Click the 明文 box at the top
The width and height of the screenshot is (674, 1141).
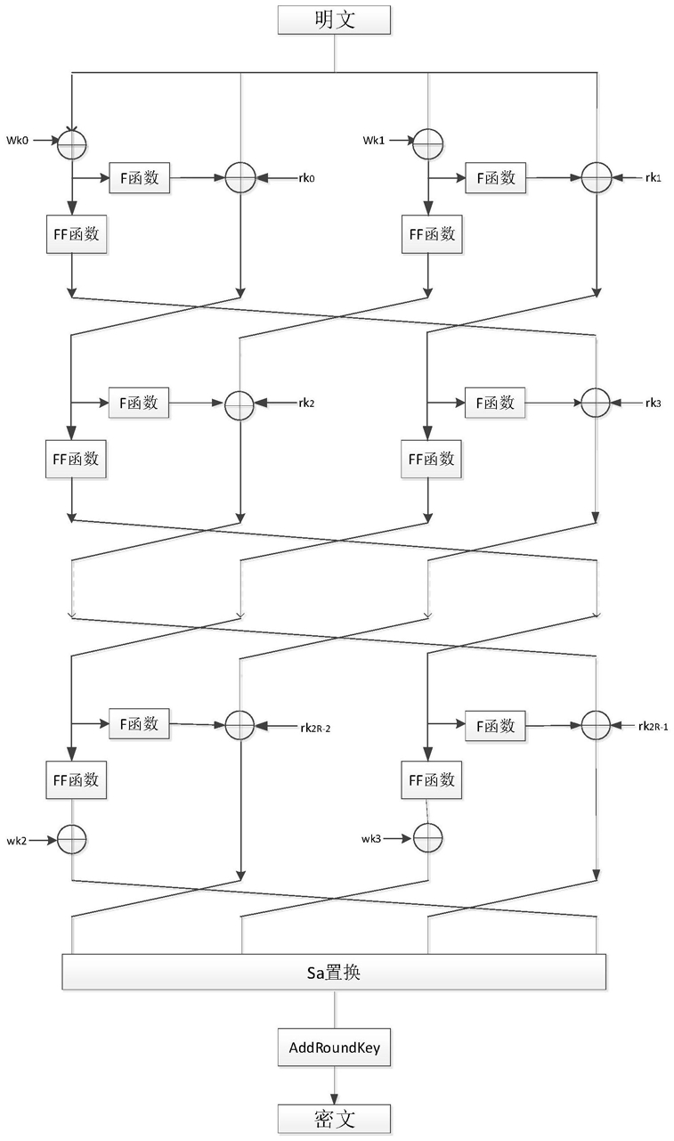pos(334,20)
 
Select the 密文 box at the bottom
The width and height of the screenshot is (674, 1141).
pos(334,1119)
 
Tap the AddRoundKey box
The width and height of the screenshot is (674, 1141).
pos(334,1047)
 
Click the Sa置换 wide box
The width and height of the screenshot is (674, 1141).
pos(334,973)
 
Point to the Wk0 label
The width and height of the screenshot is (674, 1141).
pos(17,141)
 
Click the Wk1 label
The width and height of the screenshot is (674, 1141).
pos(374,141)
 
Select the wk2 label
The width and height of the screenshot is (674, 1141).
pos(16,841)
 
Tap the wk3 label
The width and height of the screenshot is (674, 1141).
pos(371,839)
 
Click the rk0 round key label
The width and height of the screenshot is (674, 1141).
pos(306,178)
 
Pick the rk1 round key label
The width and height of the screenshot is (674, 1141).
pos(654,178)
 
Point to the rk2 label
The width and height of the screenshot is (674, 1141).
pos(306,403)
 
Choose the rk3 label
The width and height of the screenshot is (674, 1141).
pos(654,403)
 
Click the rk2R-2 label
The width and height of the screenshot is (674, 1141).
pos(315,729)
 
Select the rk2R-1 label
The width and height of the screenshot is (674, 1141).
pos(654,726)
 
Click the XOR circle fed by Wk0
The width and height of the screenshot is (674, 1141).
pos(72,144)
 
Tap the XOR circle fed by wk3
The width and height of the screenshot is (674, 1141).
pos(427,838)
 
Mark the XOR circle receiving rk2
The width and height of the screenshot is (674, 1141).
pos(240,404)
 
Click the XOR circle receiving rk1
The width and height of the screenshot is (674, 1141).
pos(597,178)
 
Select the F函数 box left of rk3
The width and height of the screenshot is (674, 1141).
pos(495,403)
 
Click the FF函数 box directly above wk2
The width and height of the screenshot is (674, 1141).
pos(77,780)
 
